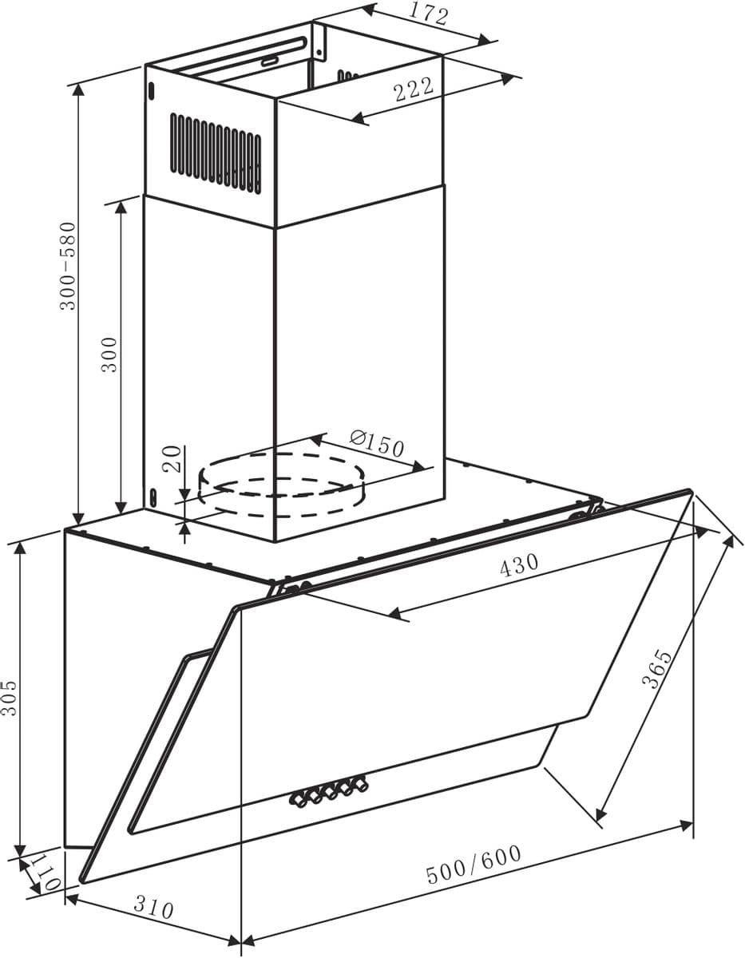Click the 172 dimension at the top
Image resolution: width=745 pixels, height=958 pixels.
click(428, 15)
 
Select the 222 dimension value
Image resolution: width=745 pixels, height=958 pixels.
click(414, 90)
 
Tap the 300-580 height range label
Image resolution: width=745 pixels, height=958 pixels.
click(69, 267)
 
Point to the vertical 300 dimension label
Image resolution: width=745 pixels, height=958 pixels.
click(109, 355)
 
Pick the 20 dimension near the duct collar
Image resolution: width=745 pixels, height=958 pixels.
click(172, 459)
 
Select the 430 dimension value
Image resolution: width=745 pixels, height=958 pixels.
click(519, 565)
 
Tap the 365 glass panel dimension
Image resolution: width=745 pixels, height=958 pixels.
click(656, 669)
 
